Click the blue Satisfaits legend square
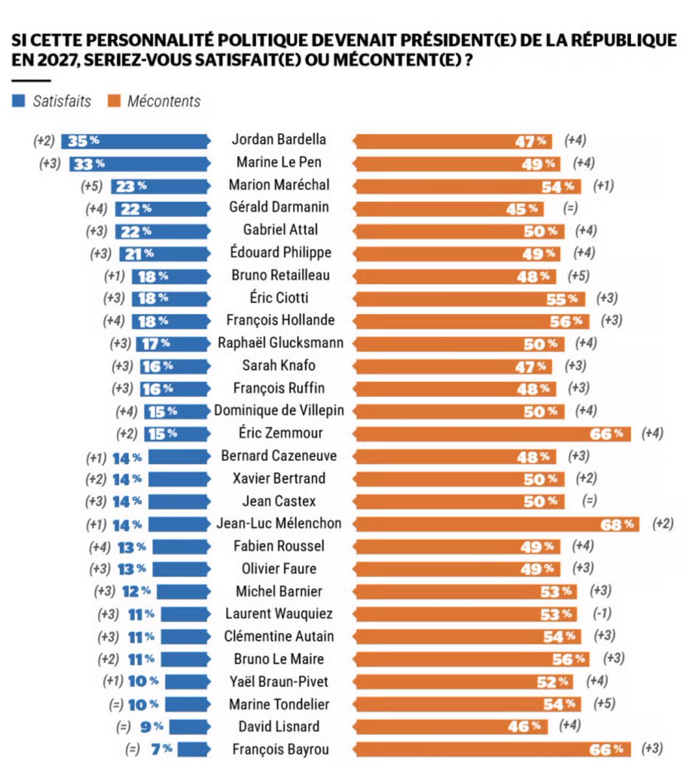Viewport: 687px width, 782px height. pos(18,101)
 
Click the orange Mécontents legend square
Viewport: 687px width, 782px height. pos(114,101)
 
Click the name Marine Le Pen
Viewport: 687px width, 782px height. pos(279,162)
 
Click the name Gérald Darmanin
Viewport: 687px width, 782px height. pos(279,207)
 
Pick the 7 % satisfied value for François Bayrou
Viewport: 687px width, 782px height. pos(161,749)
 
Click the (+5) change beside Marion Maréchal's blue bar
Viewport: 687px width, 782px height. pos(92,186)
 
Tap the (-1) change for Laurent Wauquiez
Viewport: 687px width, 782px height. pos(602,614)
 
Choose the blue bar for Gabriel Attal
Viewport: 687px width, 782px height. pos(163,231)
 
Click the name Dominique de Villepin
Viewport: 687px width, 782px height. pos(279,411)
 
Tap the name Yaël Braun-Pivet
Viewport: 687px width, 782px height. pos(279,682)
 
